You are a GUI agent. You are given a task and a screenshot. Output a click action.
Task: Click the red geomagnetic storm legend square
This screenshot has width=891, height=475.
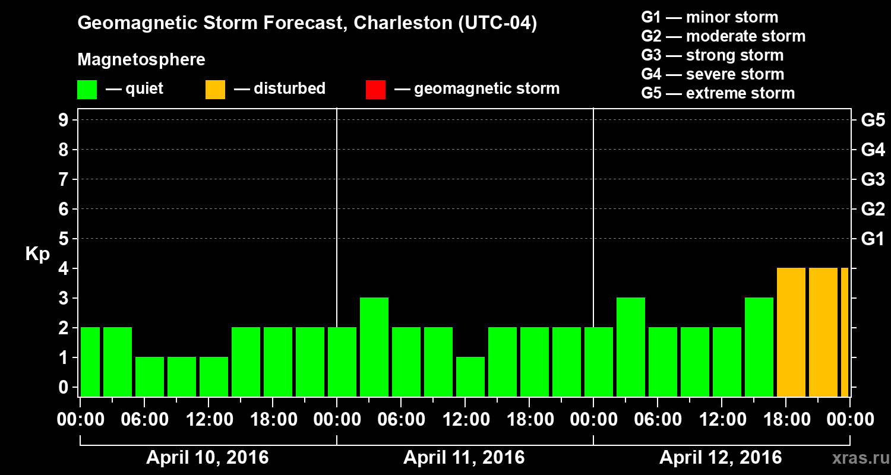376,90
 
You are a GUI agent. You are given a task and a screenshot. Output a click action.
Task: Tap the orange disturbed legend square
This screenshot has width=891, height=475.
215,90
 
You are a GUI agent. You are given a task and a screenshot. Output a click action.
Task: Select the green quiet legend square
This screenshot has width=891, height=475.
87,90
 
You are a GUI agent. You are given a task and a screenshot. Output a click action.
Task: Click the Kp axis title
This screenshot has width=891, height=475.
37,254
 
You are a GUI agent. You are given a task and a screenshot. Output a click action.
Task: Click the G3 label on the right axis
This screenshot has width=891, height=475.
873,179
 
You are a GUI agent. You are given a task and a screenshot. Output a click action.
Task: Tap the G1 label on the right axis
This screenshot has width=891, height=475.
873,239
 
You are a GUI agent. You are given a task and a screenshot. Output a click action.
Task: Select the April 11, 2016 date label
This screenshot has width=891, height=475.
464,458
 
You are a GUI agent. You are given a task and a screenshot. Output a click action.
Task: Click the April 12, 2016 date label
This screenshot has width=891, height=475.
721,458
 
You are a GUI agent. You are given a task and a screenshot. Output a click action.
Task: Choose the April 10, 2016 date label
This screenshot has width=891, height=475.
207,458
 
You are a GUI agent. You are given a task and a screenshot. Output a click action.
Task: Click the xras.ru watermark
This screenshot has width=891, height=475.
857,458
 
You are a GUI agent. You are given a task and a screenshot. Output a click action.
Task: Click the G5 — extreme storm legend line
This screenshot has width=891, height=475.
718,93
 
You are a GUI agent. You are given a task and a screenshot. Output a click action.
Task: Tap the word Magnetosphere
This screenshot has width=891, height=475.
141,60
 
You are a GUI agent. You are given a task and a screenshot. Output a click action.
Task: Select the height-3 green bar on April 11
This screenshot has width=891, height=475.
374,347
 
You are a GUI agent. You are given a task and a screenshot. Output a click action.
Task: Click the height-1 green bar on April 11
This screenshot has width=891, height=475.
470,376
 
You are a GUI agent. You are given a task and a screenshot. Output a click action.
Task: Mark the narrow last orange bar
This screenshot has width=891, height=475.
844,332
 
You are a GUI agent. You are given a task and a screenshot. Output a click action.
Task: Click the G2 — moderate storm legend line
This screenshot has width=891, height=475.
723,36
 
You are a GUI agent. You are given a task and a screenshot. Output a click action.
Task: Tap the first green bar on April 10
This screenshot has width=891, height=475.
90,362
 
